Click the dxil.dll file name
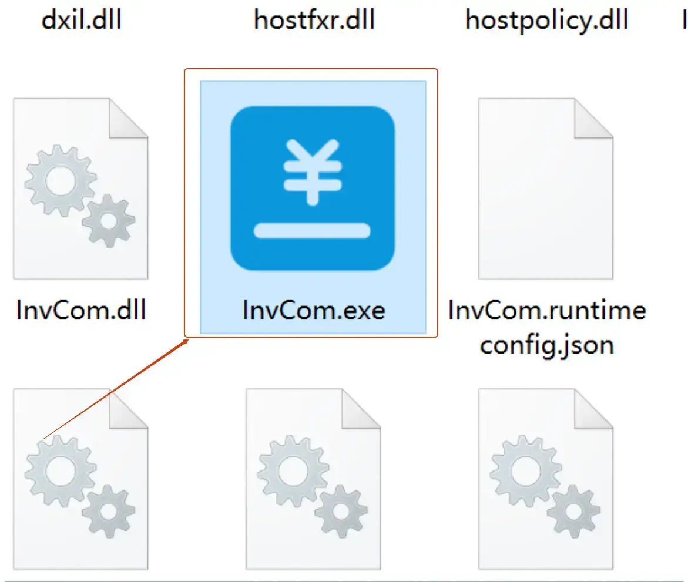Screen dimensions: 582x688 click(x=82, y=20)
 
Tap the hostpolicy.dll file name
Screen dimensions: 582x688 click(x=546, y=20)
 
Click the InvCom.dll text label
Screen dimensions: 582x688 click(x=81, y=309)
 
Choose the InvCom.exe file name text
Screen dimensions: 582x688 click(x=313, y=309)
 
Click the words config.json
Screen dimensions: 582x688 click(x=546, y=345)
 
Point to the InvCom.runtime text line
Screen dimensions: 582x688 click(x=546, y=309)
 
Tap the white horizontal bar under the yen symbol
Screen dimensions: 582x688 click(x=312, y=230)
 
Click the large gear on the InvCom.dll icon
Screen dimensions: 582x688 click(x=60, y=182)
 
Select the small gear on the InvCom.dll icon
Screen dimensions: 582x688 click(x=108, y=221)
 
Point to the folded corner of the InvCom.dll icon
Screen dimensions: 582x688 click(x=127, y=117)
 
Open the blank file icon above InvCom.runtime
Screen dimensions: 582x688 click(x=545, y=194)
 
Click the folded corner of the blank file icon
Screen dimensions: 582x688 click(x=593, y=117)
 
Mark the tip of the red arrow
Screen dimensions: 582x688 click(x=186, y=339)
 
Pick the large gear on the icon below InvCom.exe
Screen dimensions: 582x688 click(x=293, y=470)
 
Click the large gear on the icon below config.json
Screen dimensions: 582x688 click(x=525, y=470)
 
